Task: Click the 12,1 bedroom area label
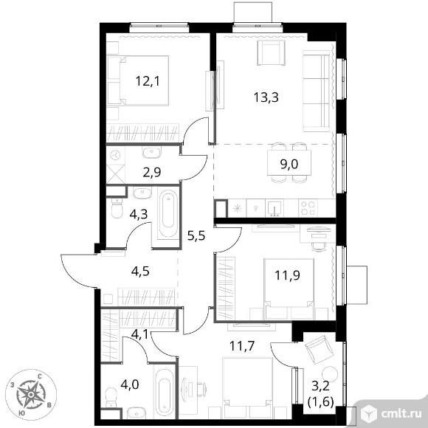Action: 148,81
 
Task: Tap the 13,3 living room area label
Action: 266,97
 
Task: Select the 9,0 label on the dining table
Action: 289,164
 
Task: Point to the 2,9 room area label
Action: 152,172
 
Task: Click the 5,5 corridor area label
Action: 196,235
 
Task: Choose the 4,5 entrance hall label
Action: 140,272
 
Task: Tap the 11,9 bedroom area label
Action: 288,275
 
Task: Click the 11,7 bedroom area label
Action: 242,346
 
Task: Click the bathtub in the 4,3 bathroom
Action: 168,213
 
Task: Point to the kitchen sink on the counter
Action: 275,208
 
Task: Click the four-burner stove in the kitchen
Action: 308,208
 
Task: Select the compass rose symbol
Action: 31,395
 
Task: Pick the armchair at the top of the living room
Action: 271,52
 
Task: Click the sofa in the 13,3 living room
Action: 317,91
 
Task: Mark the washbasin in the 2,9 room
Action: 151,153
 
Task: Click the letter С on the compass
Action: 40,376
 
